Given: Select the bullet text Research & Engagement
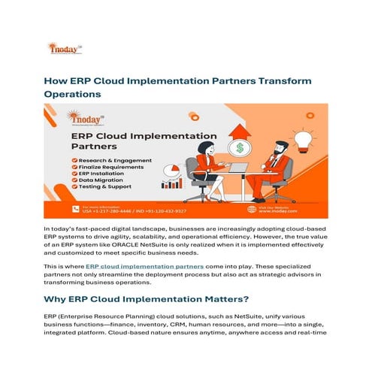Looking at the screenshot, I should (113, 159).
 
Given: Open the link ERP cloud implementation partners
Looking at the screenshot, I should (144, 266).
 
